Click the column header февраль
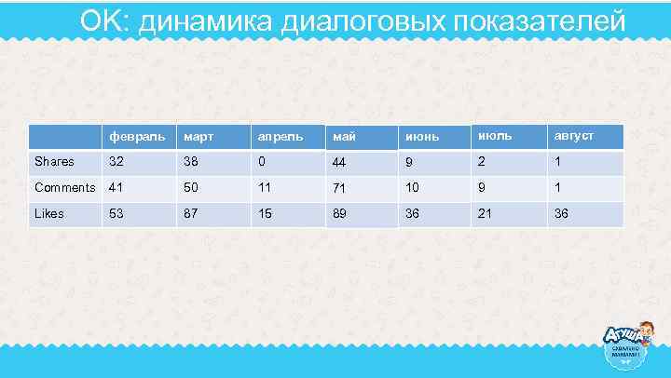click(130, 137)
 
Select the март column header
click(198, 137)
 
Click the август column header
click(573, 136)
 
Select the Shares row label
click(54, 162)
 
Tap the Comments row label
click(64, 188)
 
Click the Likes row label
click(49, 214)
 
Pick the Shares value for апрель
click(264, 162)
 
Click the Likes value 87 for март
click(191, 214)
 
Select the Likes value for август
click(562, 214)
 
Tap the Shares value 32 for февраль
click(116, 162)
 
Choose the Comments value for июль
click(482, 188)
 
